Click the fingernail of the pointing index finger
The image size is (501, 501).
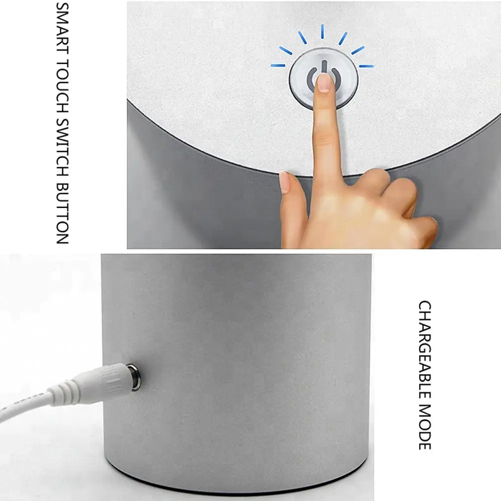(325, 83)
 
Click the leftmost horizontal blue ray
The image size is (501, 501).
(278, 65)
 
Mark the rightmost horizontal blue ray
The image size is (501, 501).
(366, 65)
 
